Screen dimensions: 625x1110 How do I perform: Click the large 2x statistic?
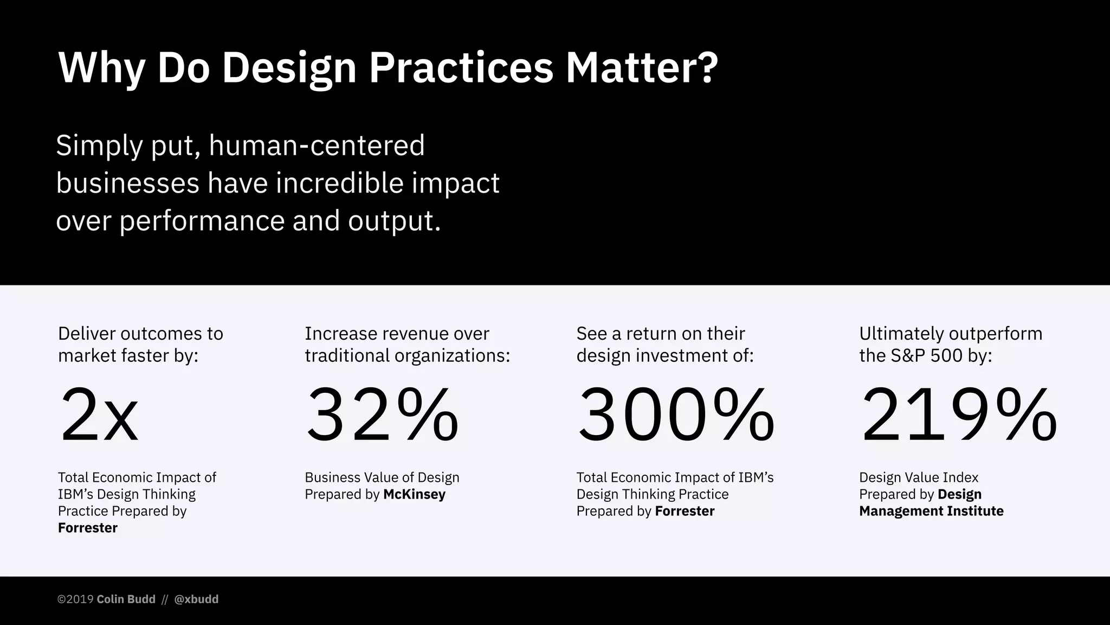pos(99,416)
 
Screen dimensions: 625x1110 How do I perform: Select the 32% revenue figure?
pos(382,416)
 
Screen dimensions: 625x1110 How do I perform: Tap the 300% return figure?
pos(675,416)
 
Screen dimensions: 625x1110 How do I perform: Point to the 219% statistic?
pos(958,416)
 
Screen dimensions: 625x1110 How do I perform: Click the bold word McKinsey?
pos(414,494)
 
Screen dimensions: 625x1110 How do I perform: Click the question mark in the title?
pos(706,68)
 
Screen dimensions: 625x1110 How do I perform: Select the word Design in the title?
pos(289,68)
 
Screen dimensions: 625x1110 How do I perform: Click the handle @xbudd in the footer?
pos(196,599)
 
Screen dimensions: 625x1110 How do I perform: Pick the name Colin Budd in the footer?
pos(126,599)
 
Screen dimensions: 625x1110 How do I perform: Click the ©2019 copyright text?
pos(76,599)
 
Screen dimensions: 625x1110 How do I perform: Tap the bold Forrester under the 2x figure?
pos(88,528)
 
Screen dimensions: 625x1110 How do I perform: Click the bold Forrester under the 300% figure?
pos(685,511)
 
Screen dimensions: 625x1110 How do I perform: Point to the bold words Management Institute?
pos(931,511)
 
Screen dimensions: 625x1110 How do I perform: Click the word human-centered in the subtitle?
pos(317,145)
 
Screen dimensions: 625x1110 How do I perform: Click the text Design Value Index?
pos(919,477)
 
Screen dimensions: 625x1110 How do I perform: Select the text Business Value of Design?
pos(382,477)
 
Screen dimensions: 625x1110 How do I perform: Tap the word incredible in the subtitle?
pos(340,183)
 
